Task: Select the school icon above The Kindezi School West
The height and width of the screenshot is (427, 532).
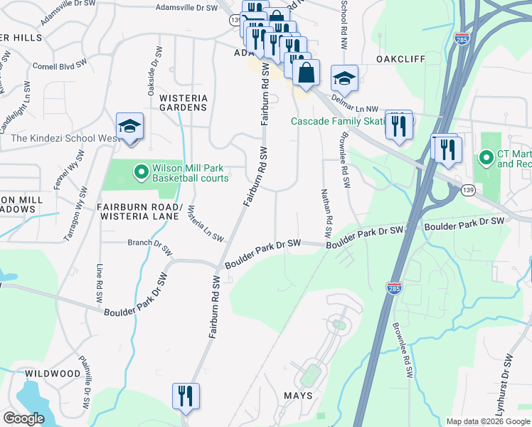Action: point(129,127)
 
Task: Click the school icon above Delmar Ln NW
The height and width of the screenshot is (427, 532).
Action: point(344,80)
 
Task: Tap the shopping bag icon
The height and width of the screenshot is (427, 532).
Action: point(306,73)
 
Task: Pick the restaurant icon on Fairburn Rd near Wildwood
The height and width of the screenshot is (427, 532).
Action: point(186,396)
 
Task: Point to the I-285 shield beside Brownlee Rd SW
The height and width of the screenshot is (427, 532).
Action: point(394,288)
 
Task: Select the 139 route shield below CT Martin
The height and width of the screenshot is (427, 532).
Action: point(467,190)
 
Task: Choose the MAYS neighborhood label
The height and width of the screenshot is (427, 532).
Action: point(298,396)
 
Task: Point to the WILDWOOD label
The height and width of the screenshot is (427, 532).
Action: point(53,374)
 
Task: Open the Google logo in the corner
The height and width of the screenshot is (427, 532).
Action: point(24,418)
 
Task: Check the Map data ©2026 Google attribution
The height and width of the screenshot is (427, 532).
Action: point(487,421)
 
